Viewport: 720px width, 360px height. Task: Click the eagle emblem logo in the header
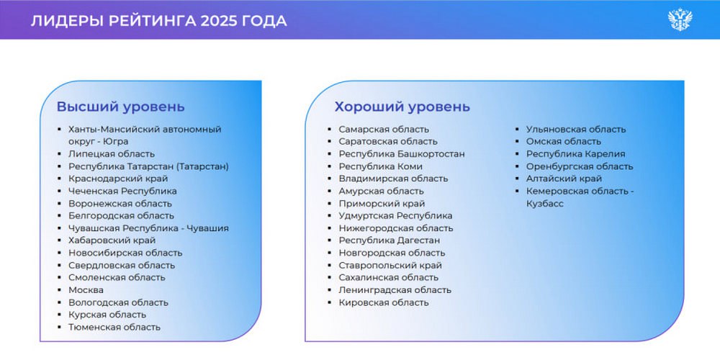680,19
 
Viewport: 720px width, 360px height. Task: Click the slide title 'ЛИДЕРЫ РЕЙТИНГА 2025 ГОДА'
159,21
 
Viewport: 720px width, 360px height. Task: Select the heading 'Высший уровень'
121,107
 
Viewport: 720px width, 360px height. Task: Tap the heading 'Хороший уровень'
402,107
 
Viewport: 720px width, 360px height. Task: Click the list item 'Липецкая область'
112,154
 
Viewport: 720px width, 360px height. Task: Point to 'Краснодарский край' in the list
119,179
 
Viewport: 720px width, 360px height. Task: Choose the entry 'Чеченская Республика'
122,191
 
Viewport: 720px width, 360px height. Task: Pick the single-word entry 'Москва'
86,290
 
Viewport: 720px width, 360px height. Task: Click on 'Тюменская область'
114,328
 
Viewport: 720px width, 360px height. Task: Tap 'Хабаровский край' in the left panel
112,240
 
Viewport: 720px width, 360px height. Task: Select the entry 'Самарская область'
384,130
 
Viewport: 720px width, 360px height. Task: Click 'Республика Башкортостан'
402,154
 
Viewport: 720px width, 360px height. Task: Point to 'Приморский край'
382,204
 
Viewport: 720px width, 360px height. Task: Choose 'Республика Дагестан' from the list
390,240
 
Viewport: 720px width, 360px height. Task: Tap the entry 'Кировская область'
384,302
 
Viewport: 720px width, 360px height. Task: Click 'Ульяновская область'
576,130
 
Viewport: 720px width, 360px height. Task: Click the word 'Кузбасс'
544,204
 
